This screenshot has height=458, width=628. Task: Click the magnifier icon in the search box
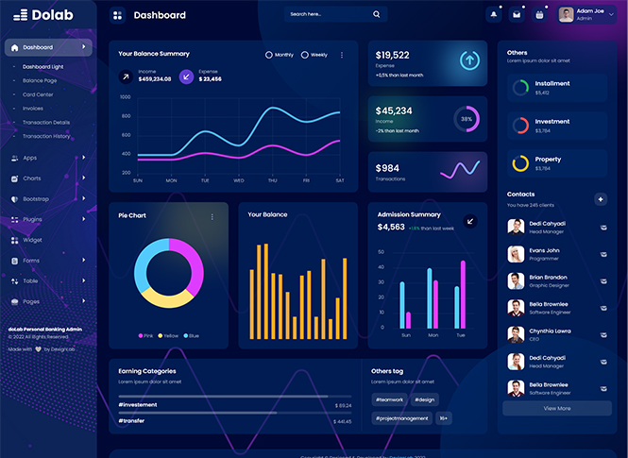coord(376,14)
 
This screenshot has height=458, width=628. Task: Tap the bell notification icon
coord(493,14)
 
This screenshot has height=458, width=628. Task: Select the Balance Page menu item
coord(40,80)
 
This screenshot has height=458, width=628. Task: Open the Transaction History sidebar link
coord(46,136)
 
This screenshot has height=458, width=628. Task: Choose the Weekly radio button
coord(304,55)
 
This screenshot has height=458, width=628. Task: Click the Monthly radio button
coord(269,55)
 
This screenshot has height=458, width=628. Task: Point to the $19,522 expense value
coord(393,55)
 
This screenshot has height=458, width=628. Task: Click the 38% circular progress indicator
coord(467,120)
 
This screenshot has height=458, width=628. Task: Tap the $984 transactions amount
coord(387,168)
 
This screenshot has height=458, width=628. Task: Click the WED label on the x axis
coord(239,180)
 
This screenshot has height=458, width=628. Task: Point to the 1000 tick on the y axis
coord(125,97)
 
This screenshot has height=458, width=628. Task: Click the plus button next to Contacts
coord(601,199)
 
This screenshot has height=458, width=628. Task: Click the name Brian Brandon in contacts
coord(549,278)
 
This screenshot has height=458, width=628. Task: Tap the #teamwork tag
coord(389,399)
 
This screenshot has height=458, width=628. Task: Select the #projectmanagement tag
coord(401,417)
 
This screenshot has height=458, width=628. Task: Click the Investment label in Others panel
coord(552,122)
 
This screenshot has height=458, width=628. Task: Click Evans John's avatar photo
coord(516,254)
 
